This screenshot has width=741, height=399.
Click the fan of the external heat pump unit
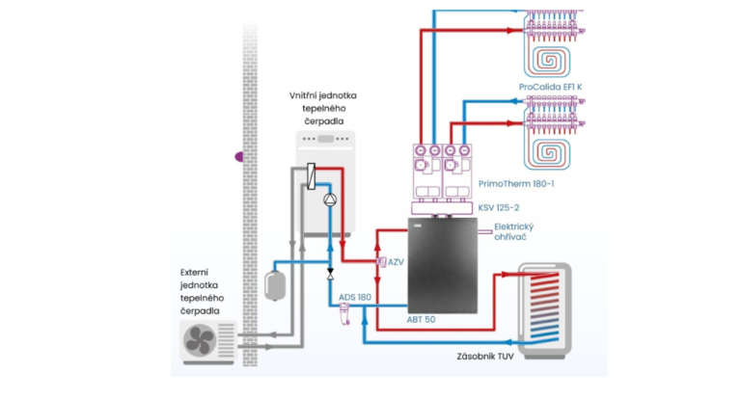click(x=200, y=341)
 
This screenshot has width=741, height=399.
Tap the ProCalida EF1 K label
click(x=550, y=87)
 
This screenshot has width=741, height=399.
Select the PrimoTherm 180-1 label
click(x=516, y=184)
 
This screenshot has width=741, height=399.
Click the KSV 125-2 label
click(x=499, y=208)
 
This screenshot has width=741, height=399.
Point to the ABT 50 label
click(x=421, y=320)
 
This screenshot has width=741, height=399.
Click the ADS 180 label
click(x=355, y=298)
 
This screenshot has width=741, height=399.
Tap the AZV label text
click(x=396, y=262)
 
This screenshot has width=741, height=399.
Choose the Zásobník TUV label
click(x=485, y=357)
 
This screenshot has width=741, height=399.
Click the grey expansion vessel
click(x=275, y=285)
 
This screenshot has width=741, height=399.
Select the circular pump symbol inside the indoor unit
click(x=330, y=199)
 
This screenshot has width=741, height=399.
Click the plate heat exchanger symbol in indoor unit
click(x=311, y=176)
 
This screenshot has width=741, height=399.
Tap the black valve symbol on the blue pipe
click(x=330, y=274)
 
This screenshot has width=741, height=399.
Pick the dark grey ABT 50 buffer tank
click(x=442, y=265)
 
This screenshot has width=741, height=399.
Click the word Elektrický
click(x=513, y=226)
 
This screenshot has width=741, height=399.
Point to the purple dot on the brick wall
click(x=239, y=157)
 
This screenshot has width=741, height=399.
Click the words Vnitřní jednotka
click(x=323, y=95)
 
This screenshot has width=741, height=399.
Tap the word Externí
click(x=194, y=273)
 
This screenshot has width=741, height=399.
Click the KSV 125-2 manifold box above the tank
click(x=442, y=208)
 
